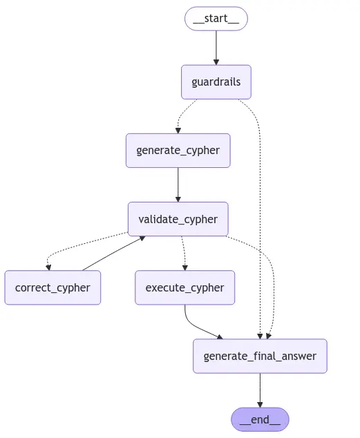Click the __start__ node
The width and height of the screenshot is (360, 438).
click(x=216, y=19)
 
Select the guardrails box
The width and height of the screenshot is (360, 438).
click(x=216, y=82)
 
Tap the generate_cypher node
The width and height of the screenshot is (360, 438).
click(x=178, y=150)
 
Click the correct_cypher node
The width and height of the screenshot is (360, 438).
click(x=53, y=287)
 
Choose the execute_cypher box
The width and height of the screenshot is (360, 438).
click(x=184, y=287)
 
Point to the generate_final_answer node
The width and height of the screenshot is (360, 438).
click(x=260, y=356)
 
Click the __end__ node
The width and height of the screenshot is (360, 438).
click(x=260, y=419)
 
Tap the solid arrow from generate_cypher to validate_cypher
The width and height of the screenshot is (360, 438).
click(x=178, y=184)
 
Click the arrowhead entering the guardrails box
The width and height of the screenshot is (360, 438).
click(x=216, y=61)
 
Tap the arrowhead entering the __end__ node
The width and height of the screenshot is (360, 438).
click(x=260, y=404)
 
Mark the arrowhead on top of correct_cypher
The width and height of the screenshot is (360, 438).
click(x=48, y=267)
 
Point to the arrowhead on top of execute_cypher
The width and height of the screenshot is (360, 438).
click(x=184, y=267)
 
